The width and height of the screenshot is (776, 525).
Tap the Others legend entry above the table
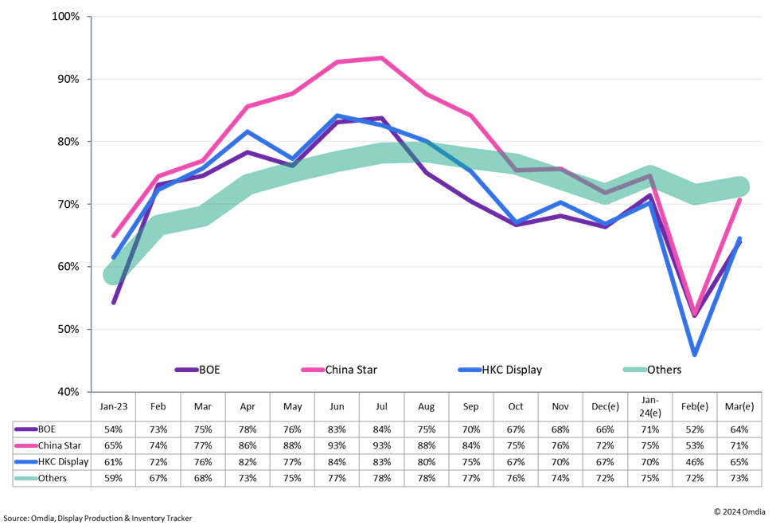663,370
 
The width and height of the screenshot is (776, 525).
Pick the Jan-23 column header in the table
113,405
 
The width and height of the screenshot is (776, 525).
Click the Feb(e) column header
696,405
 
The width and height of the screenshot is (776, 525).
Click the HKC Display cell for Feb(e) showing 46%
696,460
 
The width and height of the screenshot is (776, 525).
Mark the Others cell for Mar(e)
741,477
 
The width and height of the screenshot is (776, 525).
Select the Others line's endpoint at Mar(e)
741,186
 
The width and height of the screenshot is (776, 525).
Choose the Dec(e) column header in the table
606,405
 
